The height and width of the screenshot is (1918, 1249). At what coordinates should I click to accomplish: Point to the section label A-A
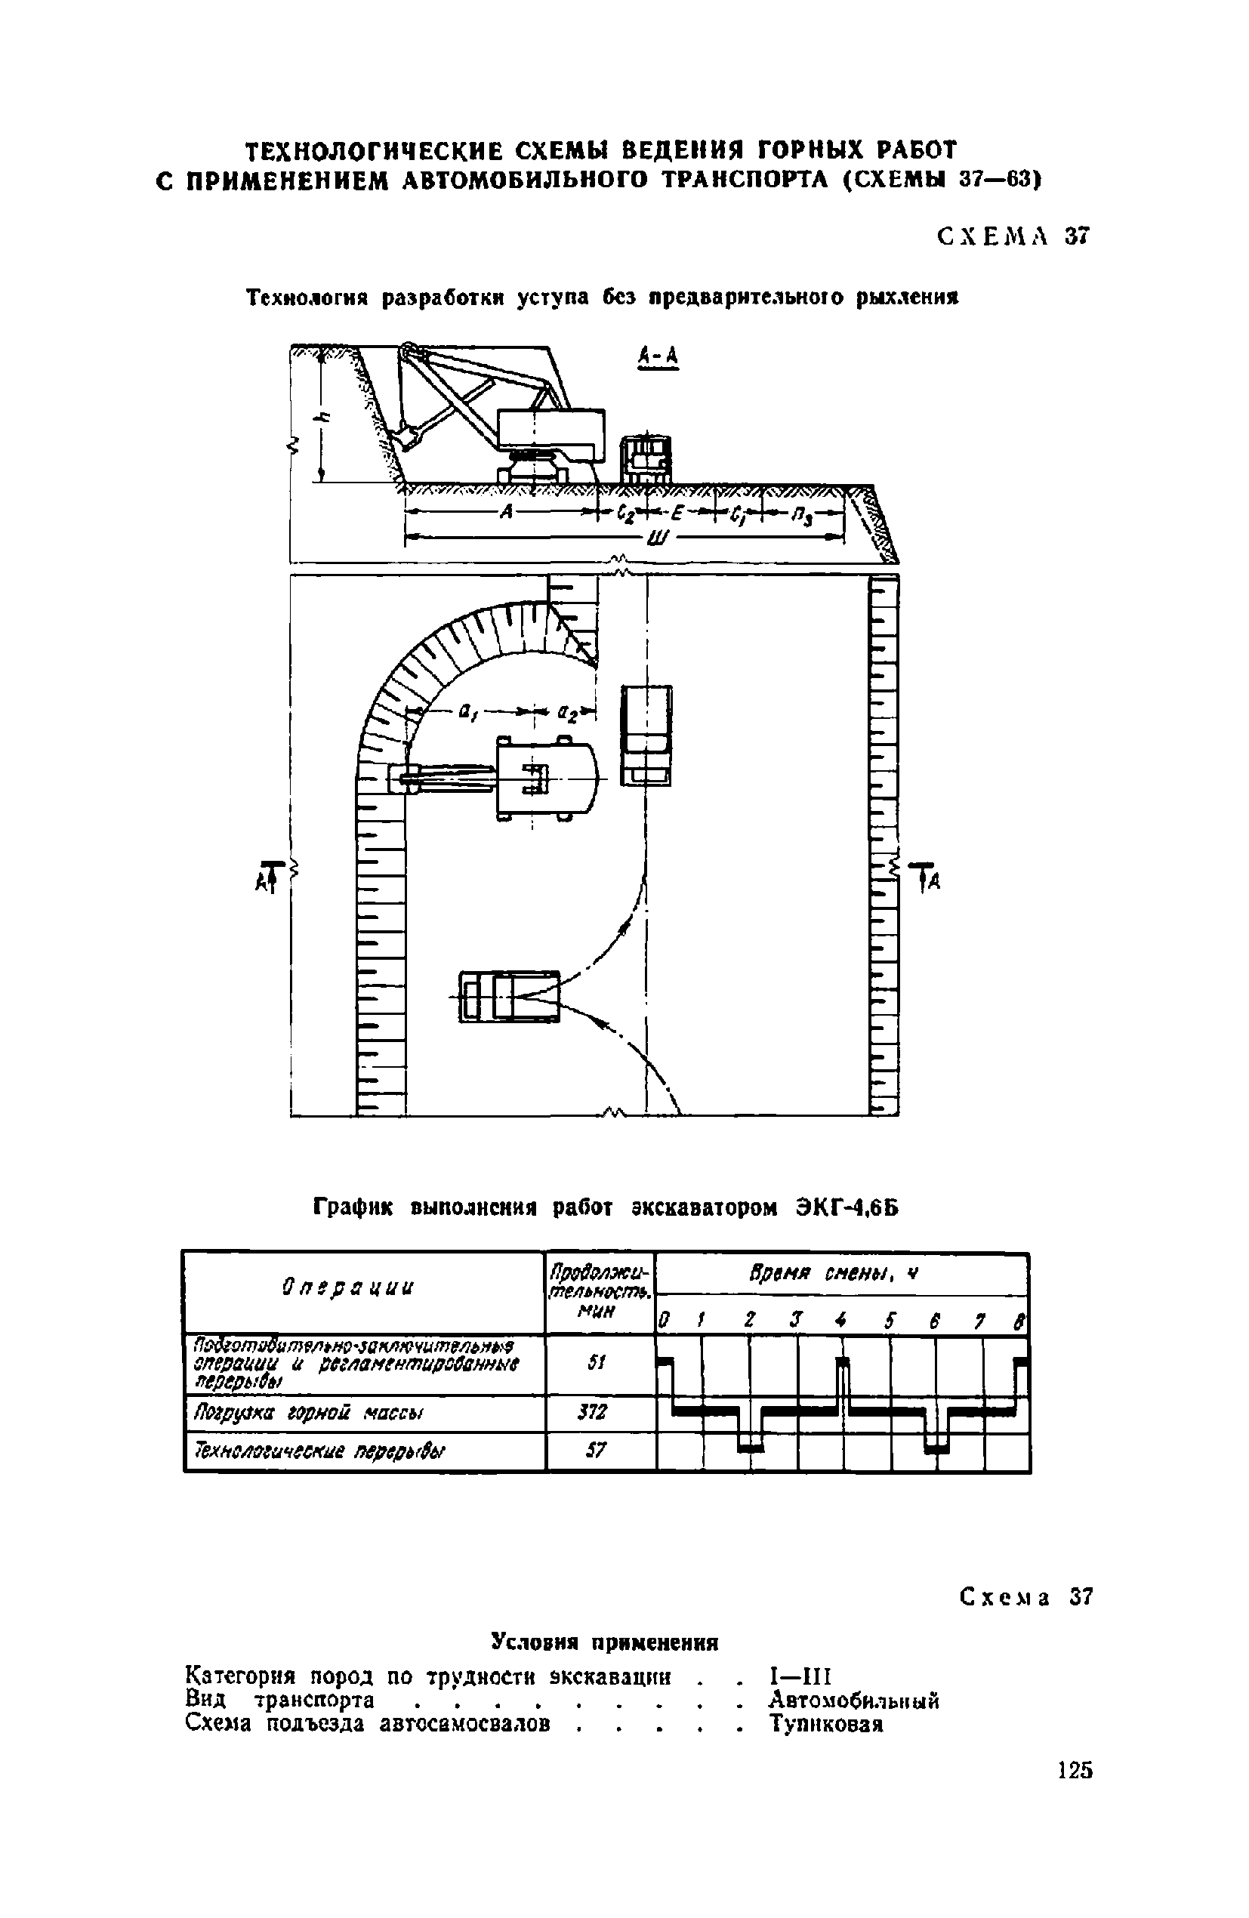[658, 356]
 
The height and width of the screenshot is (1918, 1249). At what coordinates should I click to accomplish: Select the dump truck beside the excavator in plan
[646, 735]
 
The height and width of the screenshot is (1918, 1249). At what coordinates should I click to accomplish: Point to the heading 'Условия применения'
[604, 1642]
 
